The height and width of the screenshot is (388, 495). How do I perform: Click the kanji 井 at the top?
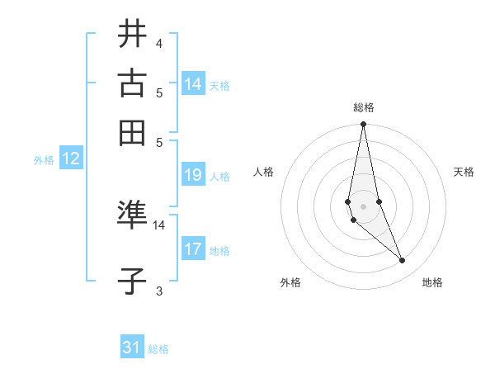[132, 35]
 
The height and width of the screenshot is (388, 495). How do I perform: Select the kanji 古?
[132, 83]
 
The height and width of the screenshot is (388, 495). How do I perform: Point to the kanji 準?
[132, 216]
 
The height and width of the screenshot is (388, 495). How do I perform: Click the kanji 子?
[132, 281]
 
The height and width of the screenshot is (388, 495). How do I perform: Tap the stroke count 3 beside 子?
[158, 290]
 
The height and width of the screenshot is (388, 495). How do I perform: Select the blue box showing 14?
[193, 83]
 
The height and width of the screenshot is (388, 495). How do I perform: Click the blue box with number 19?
[193, 175]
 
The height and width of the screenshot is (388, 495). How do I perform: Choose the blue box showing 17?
[193, 248]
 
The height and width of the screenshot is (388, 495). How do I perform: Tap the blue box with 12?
[70, 159]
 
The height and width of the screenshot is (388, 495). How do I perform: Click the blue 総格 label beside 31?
[158, 349]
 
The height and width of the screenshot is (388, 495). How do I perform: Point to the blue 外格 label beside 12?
[44, 161]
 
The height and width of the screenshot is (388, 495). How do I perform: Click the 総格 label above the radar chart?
[363, 107]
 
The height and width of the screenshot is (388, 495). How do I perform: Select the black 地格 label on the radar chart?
[432, 282]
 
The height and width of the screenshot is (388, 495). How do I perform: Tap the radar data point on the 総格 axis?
[363, 125]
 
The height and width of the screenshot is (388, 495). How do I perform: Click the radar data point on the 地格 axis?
[403, 261]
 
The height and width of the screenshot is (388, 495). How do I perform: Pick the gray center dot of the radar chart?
[363, 206]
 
